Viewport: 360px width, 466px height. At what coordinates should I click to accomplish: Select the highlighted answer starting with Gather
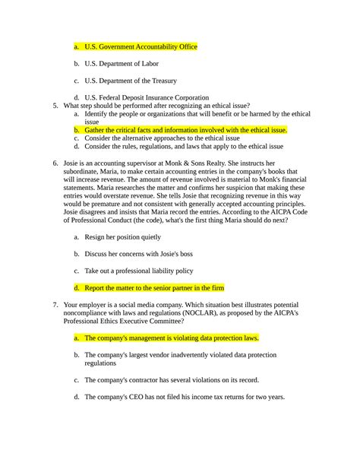pyautogui.click(x=185, y=130)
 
